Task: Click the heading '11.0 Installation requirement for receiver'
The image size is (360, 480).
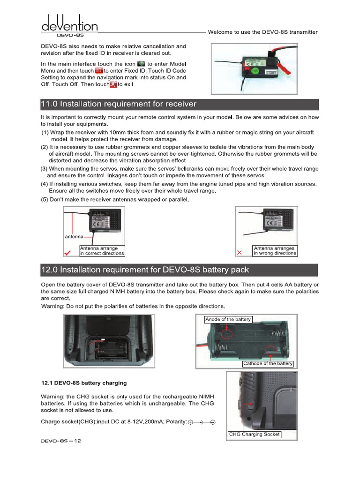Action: point(119,104)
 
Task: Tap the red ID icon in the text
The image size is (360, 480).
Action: point(98,70)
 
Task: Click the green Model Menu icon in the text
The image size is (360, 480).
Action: point(141,63)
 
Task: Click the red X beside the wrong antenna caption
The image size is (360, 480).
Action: point(240,253)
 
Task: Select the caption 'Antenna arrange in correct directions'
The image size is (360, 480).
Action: point(102,251)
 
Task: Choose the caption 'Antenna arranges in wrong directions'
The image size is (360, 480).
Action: point(275,251)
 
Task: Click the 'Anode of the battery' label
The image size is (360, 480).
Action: point(228,320)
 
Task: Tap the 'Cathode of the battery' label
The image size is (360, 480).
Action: point(268,364)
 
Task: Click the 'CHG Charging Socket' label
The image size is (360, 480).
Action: point(254,435)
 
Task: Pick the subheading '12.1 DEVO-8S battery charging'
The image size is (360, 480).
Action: point(84,383)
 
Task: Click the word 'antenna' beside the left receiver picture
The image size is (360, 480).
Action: point(74,236)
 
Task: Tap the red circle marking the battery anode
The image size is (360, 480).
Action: point(227,334)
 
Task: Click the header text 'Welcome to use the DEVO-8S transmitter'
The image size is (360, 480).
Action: point(262,32)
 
